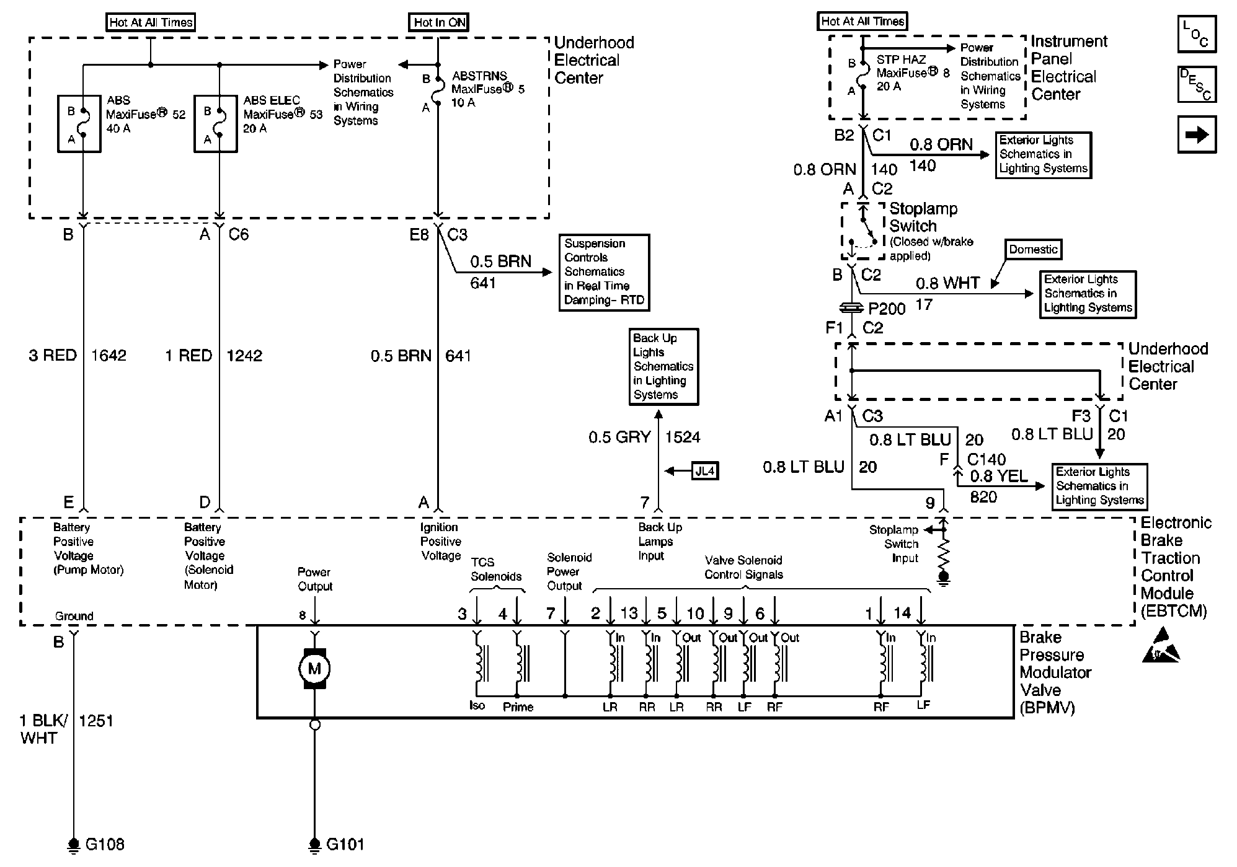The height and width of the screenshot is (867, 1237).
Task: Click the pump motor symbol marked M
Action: coord(314,668)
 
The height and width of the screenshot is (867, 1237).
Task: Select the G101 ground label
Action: coord(345,844)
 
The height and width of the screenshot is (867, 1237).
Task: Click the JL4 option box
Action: coord(705,471)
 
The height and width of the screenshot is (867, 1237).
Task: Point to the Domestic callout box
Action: coord(1033,249)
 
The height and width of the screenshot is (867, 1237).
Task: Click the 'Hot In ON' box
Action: coord(440,22)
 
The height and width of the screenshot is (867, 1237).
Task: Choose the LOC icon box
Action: coord(1197,33)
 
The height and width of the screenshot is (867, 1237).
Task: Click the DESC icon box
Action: coord(1197,84)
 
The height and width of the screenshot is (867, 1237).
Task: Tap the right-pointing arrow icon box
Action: coord(1197,134)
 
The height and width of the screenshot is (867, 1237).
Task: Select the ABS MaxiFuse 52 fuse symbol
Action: coord(79,123)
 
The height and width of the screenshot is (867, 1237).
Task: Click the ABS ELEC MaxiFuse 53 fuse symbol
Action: coord(215,123)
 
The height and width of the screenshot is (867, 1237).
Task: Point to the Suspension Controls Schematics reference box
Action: coord(604,272)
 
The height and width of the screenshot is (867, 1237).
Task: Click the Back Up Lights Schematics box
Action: coord(663,366)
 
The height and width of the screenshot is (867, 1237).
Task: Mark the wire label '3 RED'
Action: coord(53,355)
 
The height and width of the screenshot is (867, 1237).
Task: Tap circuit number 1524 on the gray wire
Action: coord(683,437)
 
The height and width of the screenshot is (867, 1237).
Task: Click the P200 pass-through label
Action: coord(887,308)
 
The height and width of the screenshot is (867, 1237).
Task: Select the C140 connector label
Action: coord(986,459)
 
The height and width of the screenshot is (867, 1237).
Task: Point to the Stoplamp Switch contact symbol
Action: coord(862,231)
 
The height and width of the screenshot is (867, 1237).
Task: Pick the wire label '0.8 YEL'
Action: coord(999,476)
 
